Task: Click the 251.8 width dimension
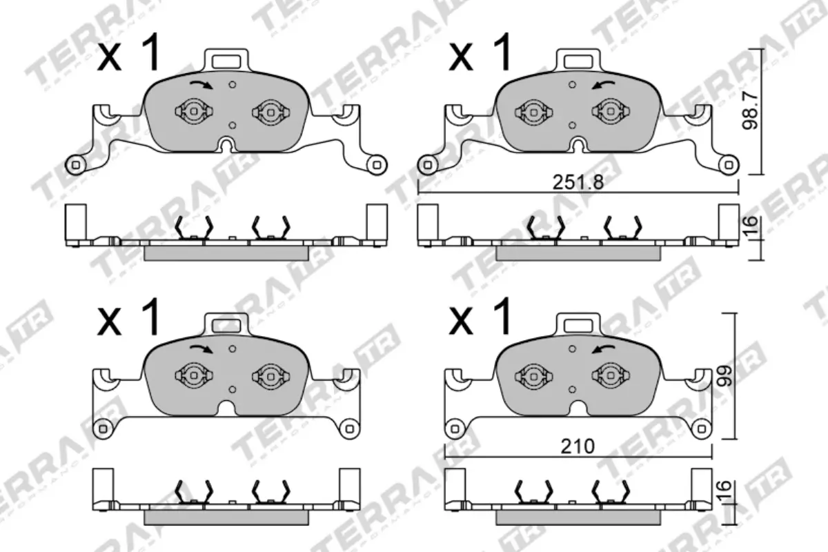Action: click(578, 184)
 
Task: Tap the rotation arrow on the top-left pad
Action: click(201, 84)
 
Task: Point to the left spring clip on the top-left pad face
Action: click(193, 110)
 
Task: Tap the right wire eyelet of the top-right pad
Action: click(727, 164)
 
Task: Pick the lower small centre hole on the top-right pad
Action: click(572, 126)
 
